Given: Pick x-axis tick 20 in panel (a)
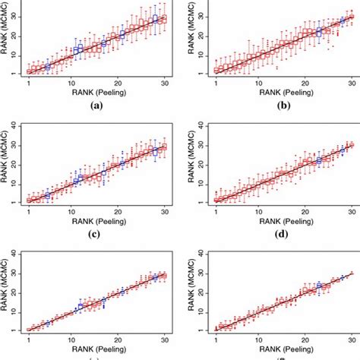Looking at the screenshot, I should tap(119, 82).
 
